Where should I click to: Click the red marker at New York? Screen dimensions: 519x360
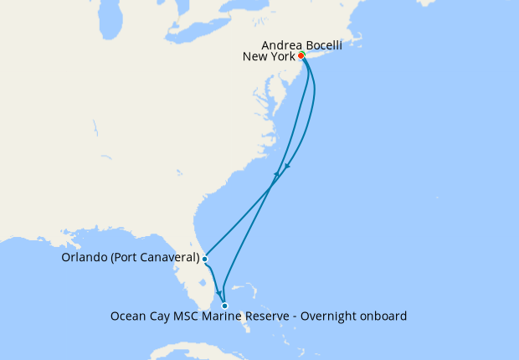[301, 56]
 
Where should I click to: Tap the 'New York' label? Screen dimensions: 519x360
[268, 57]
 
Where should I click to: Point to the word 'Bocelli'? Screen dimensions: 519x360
[323, 44]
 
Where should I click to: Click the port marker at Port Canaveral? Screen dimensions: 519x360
[204, 259]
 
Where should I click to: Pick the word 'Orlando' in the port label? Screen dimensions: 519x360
[84, 258]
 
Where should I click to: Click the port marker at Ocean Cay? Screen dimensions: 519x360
[224, 306]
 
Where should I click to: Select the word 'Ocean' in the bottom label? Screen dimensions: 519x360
[128, 316]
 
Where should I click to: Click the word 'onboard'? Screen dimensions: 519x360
[384, 316]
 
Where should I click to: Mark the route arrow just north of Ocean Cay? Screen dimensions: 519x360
[219, 292]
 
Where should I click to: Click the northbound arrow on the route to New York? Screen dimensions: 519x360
[275, 174]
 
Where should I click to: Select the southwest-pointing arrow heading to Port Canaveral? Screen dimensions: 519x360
[287, 166]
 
